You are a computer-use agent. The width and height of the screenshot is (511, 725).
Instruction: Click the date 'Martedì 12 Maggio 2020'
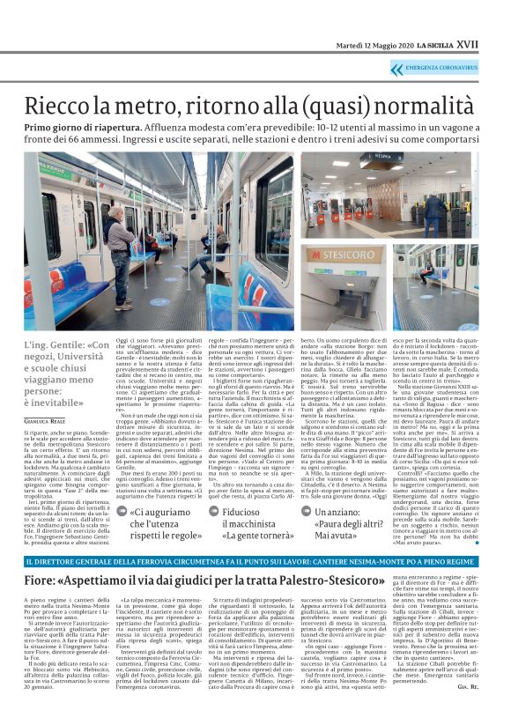[x=370, y=45]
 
